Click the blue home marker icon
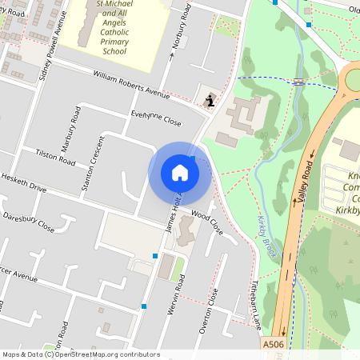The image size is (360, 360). click(180, 173)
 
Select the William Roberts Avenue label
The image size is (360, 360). click(132, 85)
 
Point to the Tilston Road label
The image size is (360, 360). click(55, 156)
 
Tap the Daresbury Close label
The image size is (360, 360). click(28, 222)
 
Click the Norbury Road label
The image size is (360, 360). click(183, 27)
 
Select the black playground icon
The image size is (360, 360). click(210, 99)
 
